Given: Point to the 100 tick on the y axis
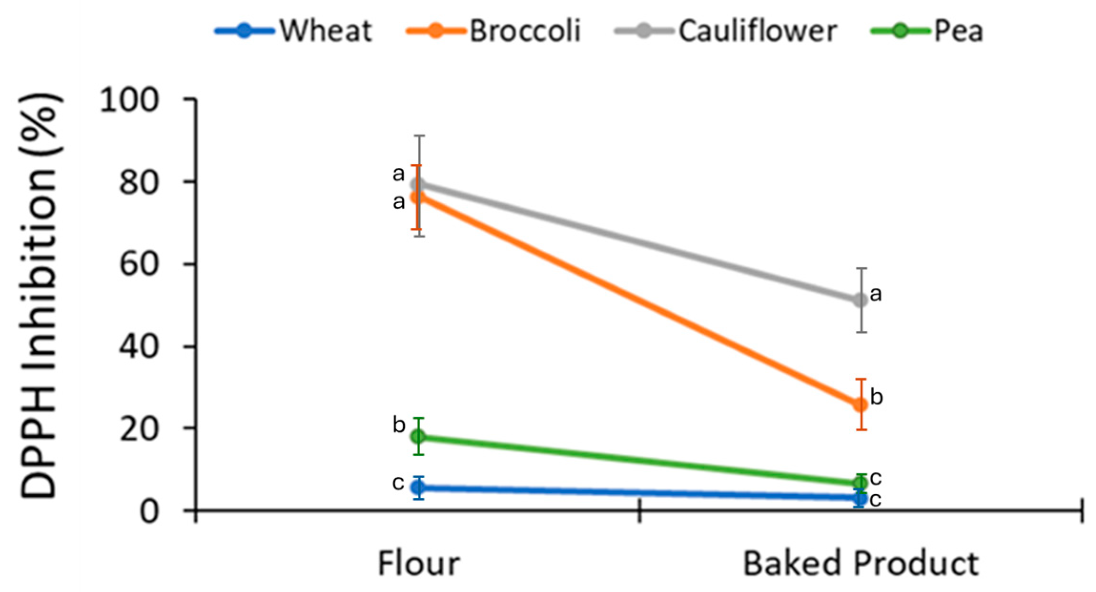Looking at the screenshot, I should coord(130,100).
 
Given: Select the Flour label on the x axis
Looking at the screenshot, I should coord(419,564).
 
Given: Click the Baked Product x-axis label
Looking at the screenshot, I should coord(860,564).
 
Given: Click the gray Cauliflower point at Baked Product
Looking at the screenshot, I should coord(860,300).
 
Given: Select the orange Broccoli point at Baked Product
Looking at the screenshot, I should coord(860,404).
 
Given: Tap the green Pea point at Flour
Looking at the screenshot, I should coord(418,436).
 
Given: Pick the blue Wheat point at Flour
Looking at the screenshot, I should coord(418,488).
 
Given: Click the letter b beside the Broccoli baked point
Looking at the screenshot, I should coord(877,397).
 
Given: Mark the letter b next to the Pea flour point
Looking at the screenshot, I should coord(399,425).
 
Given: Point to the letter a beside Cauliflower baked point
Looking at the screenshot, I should coord(876,293).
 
